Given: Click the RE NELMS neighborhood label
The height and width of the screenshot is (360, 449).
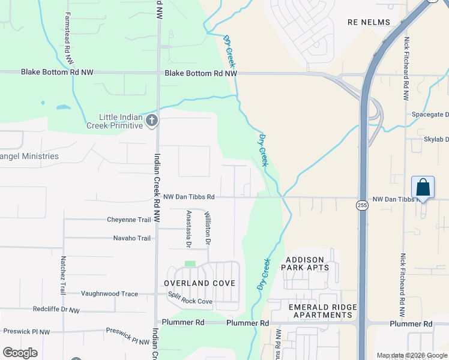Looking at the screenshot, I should coord(369,22).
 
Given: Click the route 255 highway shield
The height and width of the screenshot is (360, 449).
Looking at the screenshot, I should coord(362,205).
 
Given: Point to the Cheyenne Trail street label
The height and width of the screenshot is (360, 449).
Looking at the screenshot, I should coord(129,220).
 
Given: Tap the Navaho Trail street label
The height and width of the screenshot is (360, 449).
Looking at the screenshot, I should coord(132,238).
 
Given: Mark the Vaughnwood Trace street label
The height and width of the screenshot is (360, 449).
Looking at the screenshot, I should coord(109,294).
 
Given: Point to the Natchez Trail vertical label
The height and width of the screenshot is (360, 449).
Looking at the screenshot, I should coord(62,275).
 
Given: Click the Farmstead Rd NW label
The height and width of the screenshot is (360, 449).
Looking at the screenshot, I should coord(68,39).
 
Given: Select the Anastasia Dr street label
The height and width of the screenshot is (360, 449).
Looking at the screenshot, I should coord(188,229).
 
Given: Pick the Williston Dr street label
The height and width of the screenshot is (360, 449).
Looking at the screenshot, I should coord(208,229).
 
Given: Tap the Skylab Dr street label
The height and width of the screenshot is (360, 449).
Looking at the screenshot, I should coord(436,139).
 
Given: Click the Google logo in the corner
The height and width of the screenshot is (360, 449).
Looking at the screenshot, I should coord(20,353).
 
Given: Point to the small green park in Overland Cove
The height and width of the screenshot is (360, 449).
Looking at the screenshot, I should coord(190,264).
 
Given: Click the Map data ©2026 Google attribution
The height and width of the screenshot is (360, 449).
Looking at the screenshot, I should coord(411,355).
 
